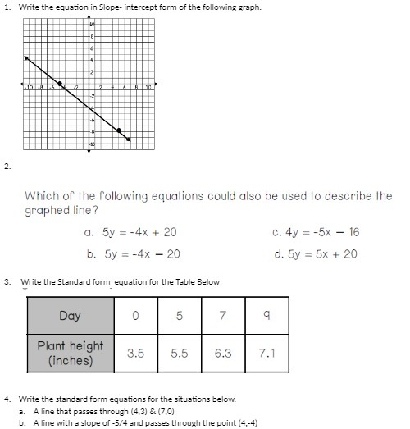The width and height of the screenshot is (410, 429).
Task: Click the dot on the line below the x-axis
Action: click(x=120, y=130)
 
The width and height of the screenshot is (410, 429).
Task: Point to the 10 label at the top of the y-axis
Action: click(x=92, y=26)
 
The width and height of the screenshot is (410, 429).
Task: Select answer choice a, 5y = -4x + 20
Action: click(x=132, y=232)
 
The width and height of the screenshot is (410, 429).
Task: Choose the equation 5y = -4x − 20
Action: click(x=132, y=254)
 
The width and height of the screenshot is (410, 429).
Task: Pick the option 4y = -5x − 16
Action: click(x=316, y=232)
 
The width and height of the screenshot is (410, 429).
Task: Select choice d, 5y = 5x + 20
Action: click(x=316, y=254)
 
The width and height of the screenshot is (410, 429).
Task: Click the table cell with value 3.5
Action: click(x=135, y=354)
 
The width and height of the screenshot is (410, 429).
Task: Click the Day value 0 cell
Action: click(x=135, y=316)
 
